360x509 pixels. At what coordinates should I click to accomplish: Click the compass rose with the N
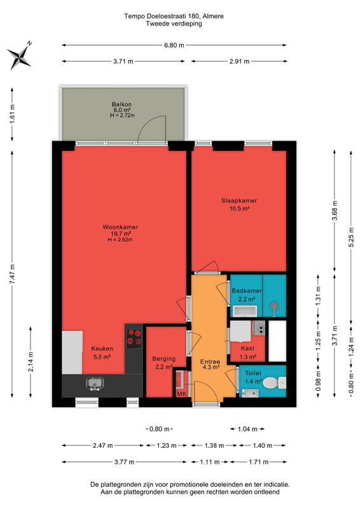click(x=20, y=56)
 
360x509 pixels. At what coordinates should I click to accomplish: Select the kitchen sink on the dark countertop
click(x=95, y=384)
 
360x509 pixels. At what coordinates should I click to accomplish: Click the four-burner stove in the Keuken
click(x=134, y=338)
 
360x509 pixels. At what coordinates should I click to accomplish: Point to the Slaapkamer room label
click(x=239, y=200)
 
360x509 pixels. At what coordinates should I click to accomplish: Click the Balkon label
click(x=121, y=104)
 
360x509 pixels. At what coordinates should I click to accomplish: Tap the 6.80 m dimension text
click(x=174, y=45)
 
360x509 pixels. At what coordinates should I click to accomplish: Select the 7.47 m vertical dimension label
click(x=12, y=274)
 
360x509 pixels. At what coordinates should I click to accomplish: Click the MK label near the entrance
click(x=182, y=394)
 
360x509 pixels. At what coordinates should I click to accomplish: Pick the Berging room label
click(x=164, y=359)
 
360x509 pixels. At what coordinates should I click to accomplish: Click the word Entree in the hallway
click(x=210, y=361)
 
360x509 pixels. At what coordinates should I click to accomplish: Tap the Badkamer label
click(x=247, y=291)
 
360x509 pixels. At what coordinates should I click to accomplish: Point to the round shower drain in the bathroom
click(x=275, y=305)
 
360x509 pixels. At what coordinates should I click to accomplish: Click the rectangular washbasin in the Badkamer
click(x=246, y=311)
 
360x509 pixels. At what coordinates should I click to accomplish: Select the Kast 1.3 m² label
click(x=247, y=352)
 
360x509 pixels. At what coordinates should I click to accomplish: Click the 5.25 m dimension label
click(x=351, y=239)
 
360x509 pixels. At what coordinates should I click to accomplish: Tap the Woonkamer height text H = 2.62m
click(x=120, y=240)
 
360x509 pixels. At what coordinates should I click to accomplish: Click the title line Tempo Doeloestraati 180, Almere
click(x=174, y=16)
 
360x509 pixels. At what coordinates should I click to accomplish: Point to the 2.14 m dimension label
click(x=31, y=362)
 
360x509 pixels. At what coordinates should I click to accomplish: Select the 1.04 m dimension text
click(x=247, y=429)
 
